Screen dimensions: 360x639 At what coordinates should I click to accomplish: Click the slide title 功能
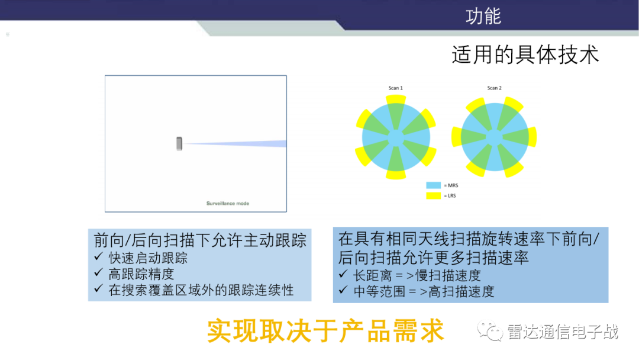click(483, 16)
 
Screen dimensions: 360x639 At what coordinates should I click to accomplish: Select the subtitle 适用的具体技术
click(525, 55)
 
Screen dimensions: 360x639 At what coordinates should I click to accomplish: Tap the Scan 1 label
click(396, 88)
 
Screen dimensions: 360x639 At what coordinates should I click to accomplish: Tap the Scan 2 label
click(494, 88)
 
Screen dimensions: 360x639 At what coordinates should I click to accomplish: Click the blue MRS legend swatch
click(434, 185)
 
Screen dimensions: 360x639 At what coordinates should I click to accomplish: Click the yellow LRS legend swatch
click(434, 195)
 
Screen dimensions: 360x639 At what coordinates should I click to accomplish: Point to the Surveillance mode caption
click(228, 203)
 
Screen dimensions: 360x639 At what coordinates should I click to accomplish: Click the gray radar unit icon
click(179, 143)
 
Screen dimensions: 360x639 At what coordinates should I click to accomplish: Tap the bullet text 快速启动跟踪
click(148, 258)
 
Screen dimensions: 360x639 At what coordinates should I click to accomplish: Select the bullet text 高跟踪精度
click(141, 274)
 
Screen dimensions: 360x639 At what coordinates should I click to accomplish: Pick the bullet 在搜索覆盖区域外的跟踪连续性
click(201, 290)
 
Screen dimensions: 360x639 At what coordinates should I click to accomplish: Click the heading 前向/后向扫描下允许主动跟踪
click(200, 240)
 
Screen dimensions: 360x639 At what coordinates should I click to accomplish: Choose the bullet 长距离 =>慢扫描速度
click(417, 275)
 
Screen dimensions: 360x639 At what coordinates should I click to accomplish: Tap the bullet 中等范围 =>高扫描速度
click(424, 291)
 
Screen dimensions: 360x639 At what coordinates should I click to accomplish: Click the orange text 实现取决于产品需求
click(325, 332)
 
